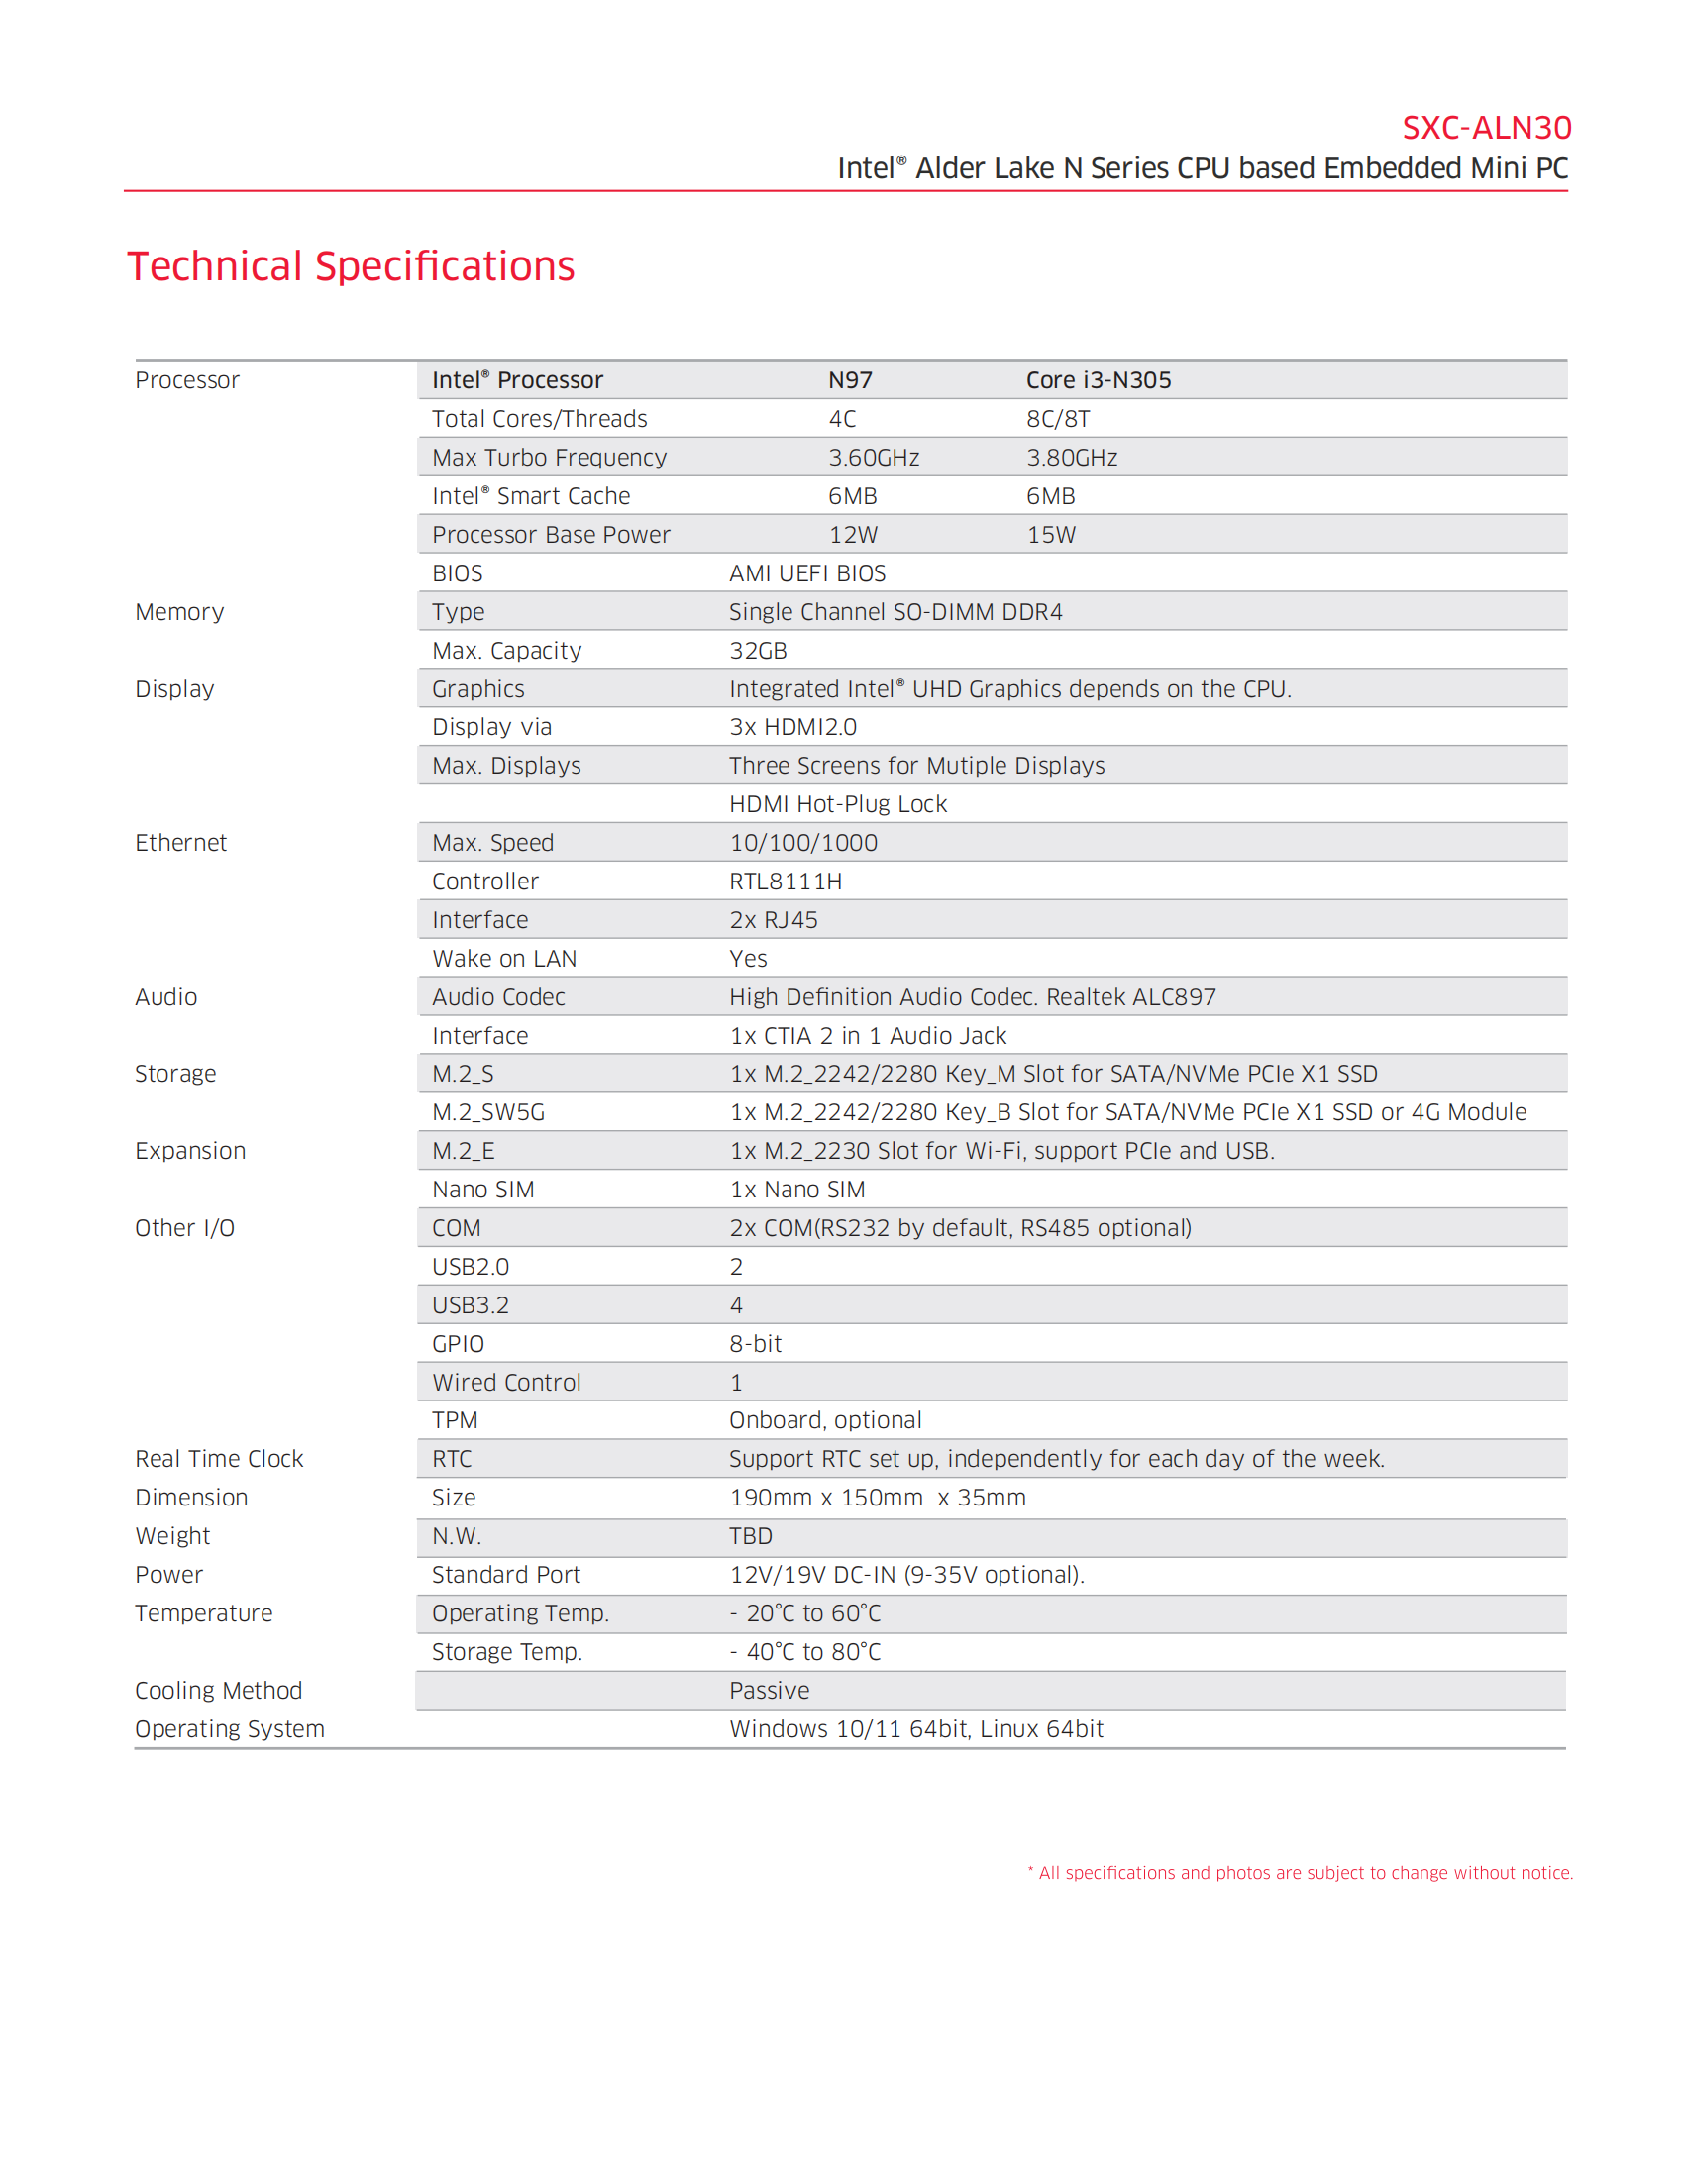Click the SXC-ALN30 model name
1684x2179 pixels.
1486,128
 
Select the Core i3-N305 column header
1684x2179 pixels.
1099,380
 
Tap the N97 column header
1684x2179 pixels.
850,380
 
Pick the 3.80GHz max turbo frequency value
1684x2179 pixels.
1072,458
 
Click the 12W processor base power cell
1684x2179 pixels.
853,535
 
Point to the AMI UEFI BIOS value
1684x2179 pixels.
807,573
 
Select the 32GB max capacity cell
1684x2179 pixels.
757,651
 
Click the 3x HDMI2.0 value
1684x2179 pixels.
792,727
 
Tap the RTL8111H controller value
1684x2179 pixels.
786,882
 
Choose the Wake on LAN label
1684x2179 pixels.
504,959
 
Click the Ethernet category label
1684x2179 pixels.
180,843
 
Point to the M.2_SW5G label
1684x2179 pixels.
487,1112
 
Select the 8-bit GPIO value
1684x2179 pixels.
755,1344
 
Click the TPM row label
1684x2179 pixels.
454,1420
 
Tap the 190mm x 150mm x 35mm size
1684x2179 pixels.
877,1498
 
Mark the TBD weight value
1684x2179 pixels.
750,1536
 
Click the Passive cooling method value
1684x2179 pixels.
769,1691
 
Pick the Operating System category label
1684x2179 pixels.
230,1729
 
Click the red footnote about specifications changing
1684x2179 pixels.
1300,1873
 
